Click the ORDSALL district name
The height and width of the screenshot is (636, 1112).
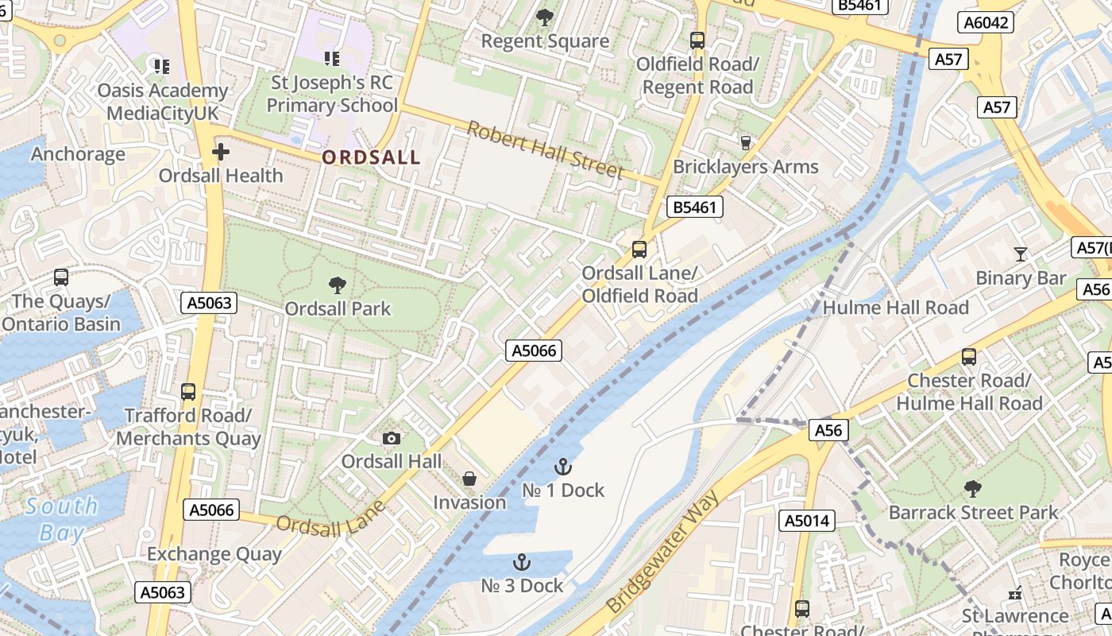point(370,157)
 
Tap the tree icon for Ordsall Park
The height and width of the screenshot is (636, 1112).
point(338,285)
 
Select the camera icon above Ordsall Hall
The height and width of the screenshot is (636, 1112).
point(391,438)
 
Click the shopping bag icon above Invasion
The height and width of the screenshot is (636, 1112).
point(469,479)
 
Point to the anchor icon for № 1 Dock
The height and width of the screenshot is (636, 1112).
point(563,467)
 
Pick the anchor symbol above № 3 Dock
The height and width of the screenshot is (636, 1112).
point(522,562)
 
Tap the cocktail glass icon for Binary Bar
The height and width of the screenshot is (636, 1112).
point(1021,254)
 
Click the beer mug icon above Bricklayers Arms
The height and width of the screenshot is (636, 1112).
point(745,143)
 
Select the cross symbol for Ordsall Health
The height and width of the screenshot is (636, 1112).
point(221,151)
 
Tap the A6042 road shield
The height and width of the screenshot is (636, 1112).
point(987,22)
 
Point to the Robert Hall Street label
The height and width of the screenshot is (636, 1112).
point(544,150)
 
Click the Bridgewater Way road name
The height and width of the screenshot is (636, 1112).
point(662,552)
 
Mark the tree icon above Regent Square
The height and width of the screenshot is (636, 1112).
point(545,17)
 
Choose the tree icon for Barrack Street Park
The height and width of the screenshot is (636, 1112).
point(973,489)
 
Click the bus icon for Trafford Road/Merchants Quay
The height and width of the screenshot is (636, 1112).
point(188,391)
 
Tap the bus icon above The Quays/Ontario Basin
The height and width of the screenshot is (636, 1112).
point(61,277)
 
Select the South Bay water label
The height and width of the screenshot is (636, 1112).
point(61,518)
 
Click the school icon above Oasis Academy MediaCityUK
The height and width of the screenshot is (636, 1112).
point(162,66)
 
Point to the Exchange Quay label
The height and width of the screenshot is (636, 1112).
point(214,554)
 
